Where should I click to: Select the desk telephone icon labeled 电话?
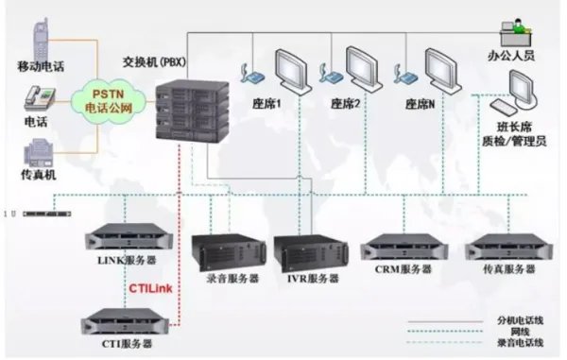[x=37, y=97]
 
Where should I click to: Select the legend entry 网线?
[x=510, y=332]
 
